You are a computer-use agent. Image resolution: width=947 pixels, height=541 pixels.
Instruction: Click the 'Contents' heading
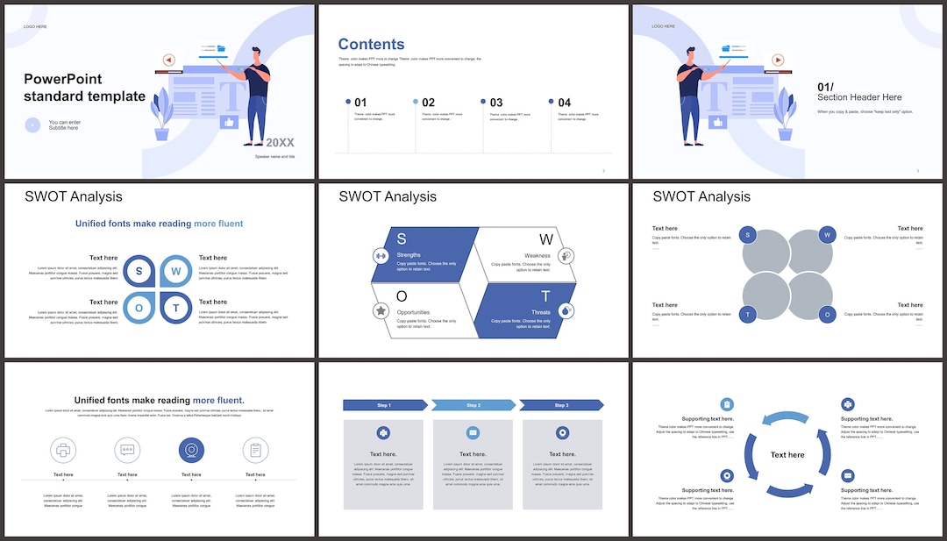coord(371,45)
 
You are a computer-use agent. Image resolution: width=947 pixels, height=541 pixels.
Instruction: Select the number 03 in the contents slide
coord(496,103)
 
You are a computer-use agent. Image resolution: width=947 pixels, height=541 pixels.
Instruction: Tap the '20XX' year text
coord(281,142)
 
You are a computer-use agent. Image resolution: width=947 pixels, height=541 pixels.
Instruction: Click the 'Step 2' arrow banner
coord(473,405)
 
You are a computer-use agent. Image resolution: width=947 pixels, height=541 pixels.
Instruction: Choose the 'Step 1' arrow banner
coord(384,405)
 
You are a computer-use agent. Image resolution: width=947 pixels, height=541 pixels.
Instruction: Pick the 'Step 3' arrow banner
coord(561,405)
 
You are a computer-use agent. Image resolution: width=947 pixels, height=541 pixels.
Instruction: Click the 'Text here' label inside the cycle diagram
coord(787,455)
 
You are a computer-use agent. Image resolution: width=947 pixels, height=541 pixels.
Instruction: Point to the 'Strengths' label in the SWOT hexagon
coord(409,255)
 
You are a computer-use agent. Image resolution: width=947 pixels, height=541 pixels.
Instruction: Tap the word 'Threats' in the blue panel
coord(541,312)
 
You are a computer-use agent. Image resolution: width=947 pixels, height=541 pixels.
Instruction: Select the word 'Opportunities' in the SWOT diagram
coord(413,312)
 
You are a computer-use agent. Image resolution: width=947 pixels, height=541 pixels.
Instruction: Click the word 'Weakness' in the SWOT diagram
coord(538,256)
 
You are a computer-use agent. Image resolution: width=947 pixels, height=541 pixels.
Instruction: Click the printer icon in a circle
coord(63,451)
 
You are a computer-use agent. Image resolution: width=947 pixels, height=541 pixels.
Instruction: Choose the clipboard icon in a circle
coord(255,451)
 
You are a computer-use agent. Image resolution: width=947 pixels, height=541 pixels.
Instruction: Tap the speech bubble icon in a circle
coord(127,451)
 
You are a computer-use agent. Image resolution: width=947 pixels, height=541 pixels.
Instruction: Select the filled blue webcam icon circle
coord(191,451)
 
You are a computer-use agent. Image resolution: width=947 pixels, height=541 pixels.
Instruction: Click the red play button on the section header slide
coord(777,61)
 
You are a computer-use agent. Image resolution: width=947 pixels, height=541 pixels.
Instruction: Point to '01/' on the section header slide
coord(825,87)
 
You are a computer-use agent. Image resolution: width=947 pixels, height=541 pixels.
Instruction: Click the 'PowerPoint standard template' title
coord(84,88)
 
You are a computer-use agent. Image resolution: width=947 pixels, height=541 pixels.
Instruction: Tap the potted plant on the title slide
coord(162,114)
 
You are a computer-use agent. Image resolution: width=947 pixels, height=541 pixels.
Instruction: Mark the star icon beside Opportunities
coord(381,310)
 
